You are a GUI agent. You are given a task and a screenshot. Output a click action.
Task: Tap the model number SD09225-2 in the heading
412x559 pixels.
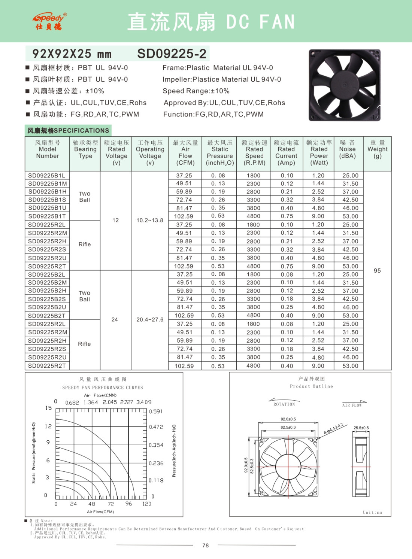pos(172,54)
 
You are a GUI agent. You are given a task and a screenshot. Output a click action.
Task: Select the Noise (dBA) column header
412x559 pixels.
pos(347,149)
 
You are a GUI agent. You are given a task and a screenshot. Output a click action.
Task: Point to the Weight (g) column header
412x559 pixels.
pos(377,149)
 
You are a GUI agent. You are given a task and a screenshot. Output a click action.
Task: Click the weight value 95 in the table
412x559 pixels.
pos(377,271)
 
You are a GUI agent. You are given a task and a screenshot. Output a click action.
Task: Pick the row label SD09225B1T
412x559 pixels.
pos(47,216)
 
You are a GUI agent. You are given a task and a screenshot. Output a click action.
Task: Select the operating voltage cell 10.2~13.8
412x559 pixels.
pos(150,221)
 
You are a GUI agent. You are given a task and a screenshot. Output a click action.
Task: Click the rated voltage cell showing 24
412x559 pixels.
pos(115,320)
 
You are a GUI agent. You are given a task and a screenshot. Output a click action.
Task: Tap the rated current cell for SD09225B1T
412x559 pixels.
pos(287,216)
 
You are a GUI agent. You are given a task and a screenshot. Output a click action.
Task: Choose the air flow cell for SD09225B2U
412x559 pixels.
pos(184,307)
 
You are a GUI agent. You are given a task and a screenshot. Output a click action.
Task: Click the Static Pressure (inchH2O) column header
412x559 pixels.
pos(220,153)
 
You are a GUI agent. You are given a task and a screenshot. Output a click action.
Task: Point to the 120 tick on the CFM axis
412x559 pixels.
pos(147,504)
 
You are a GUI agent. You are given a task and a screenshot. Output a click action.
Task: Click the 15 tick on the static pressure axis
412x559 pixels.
pos(48,408)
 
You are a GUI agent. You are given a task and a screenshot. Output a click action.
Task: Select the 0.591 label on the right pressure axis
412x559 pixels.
pos(156,411)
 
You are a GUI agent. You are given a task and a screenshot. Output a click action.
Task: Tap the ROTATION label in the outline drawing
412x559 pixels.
pos(284,404)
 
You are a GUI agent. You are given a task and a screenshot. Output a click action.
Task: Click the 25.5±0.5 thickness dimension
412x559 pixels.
pos(361,428)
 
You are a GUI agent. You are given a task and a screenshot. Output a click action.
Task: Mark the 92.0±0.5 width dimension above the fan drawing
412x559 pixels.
pos(288,419)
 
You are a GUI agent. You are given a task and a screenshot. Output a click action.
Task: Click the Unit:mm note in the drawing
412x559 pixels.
pos(372,513)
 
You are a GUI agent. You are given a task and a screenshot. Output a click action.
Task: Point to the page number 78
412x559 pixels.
pos(205,546)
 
